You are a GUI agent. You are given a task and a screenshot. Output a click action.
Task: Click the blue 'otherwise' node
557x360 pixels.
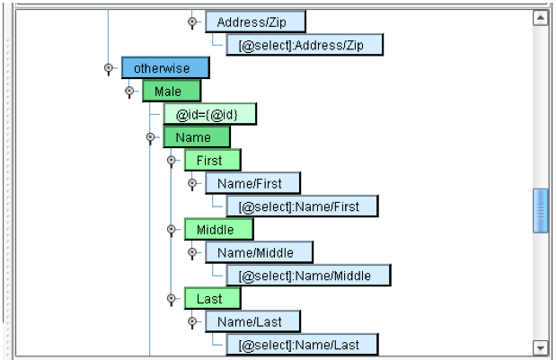coord(165,68)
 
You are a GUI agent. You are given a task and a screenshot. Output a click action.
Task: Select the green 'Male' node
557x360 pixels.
coord(171,92)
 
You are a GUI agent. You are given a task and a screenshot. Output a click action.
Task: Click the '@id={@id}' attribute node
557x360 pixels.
coord(209,114)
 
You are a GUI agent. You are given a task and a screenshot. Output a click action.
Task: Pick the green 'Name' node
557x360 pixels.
coord(196,137)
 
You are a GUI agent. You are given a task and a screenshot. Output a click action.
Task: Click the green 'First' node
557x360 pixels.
coord(212,161)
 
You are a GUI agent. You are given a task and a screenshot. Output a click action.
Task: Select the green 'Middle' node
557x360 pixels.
coord(217,230)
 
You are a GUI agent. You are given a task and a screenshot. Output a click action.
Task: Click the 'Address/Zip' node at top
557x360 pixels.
coord(255,22)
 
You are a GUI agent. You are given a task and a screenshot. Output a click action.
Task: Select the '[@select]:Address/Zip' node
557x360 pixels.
coord(305,45)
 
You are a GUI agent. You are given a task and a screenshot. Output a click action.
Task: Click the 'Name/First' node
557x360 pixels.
coord(252,183)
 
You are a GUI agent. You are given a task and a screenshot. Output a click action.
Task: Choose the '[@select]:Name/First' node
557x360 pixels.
coord(302,206)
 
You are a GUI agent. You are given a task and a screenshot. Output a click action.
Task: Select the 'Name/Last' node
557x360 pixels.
coord(252,321)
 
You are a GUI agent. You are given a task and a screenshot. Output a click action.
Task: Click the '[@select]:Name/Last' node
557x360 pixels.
coord(302,345)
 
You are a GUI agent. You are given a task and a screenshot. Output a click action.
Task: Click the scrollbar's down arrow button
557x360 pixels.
coord(540,347)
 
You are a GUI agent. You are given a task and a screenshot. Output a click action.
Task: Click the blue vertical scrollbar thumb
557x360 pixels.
coord(540,211)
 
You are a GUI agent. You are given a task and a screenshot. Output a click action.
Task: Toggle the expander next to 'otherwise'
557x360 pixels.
coord(109,68)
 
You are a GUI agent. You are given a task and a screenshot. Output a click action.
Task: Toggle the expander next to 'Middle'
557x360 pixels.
coord(171,230)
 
